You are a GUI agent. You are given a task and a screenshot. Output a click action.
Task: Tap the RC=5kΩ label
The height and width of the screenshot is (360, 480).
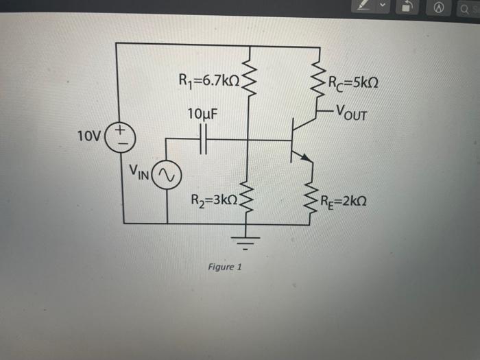(355, 84)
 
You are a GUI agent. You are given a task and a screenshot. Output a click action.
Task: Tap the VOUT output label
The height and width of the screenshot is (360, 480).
(352, 112)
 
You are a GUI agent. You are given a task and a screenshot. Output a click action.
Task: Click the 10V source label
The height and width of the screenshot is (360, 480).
(89, 134)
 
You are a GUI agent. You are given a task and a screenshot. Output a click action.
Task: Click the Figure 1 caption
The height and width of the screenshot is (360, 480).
(224, 267)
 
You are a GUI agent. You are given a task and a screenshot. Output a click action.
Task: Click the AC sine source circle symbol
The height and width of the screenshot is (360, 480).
(167, 176)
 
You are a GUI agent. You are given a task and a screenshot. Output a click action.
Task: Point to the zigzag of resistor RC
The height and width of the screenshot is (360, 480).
(318, 79)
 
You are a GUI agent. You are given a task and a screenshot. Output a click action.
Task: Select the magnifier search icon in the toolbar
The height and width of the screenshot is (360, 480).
(465, 8)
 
